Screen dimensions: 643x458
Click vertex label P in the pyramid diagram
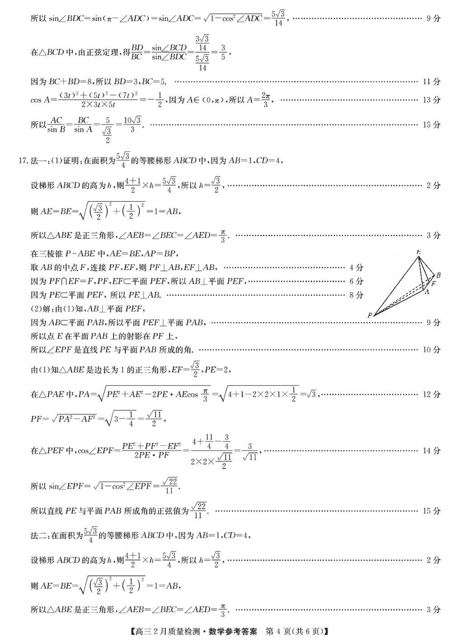point(370,315)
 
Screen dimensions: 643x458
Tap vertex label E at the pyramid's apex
point(419,252)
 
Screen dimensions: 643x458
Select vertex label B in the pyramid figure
point(439,275)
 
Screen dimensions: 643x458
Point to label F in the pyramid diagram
point(433,284)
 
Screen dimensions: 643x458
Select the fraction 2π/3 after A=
point(266,100)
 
